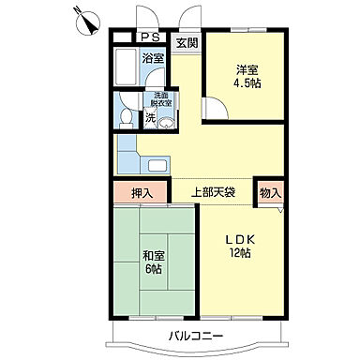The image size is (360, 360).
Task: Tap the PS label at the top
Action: point(149,38)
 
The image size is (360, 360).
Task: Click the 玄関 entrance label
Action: point(186,42)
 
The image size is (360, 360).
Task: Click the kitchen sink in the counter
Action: point(157,167)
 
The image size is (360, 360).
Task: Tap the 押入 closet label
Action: point(141,192)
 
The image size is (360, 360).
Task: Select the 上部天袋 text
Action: point(213,192)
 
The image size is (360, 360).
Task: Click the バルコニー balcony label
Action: point(196,335)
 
